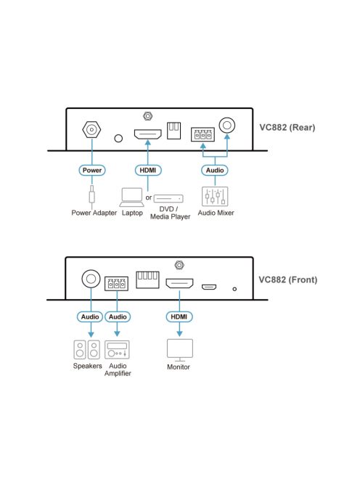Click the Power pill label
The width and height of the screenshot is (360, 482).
pyautogui.click(x=92, y=170)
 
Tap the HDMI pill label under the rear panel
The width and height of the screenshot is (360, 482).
pyautogui.click(x=148, y=170)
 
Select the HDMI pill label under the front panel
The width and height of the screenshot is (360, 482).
pyautogui.click(x=179, y=316)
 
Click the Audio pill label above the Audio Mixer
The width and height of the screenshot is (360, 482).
pyautogui.click(x=215, y=170)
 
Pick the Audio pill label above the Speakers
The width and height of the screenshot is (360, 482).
pyautogui.click(x=90, y=316)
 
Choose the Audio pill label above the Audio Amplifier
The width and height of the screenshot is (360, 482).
pyautogui.click(x=118, y=316)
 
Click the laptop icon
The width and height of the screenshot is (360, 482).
pyautogui.click(x=132, y=197)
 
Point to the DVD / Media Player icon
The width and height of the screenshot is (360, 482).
pyautogui.click(x=168, y=199)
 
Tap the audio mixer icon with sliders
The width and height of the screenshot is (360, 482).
pyautogui.click(x=215, y=196)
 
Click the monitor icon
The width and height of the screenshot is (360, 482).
pyautogui.click(x=180, y=351)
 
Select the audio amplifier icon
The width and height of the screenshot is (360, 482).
pyautogui.click(x=117, y=350)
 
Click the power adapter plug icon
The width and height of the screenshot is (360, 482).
pyautogui.click(x=91, y=195)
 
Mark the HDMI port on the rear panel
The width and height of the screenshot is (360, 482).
pyautogui.click(x=147, y=134)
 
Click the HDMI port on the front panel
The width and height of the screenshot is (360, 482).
pyautogui.click(x=179, y=283)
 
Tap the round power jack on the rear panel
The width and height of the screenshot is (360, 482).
pyautogui.click(x=91, y=129)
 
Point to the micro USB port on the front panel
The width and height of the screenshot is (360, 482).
pyautogui.click(x=209, y=287)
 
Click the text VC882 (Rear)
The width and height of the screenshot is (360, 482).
pyautogui.click(x=287, y=128)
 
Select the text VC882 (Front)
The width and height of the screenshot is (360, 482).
pyautogui.click(x=288, y=279)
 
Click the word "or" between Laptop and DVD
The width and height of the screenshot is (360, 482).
pyautogui.click(x=149, y=197)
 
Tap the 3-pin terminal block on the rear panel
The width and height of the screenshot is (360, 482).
pyautogui.click(x=202, y=134)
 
